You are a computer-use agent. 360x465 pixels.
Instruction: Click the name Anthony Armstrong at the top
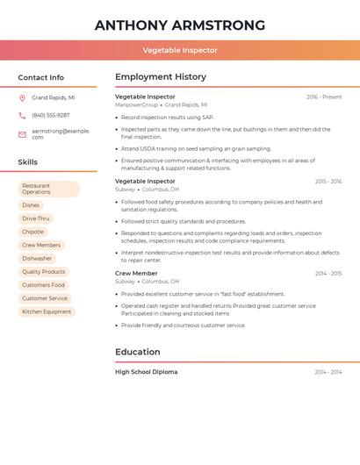180,25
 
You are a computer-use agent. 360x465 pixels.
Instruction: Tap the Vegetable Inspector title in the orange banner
180,50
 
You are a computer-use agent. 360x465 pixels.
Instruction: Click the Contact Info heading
41,77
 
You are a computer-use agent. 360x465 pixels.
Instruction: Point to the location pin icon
22,98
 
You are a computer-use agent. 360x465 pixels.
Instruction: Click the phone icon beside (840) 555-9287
22,115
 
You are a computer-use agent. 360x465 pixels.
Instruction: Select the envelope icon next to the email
22,134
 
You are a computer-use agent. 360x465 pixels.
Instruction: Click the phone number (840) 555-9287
51,115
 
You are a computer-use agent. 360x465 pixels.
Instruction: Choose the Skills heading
28,162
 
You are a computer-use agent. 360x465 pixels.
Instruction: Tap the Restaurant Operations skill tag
48,189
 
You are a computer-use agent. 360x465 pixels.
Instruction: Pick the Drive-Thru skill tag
36,218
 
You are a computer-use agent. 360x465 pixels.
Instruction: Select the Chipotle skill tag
33,232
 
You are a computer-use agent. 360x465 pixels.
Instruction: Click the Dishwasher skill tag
37,259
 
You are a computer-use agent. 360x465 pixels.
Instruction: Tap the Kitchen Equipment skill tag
47,311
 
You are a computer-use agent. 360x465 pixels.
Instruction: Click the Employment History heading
161,77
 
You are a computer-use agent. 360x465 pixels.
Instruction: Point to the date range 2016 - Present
324,97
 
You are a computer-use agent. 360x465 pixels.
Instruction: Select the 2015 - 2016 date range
328,182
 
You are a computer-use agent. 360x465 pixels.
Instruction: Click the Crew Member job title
136,273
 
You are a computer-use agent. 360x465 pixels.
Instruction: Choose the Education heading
138,352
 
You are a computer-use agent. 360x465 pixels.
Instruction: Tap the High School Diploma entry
147,372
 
